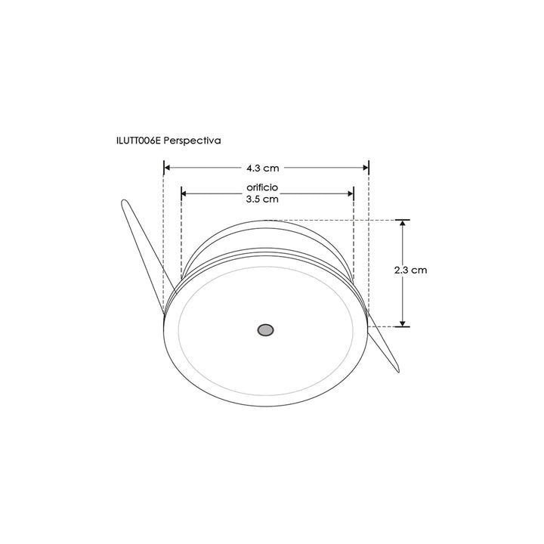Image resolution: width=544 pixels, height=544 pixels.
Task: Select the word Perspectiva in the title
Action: point(193,141)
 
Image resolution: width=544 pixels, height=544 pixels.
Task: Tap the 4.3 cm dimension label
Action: point(262,168)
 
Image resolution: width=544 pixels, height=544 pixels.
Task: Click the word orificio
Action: point(262,186)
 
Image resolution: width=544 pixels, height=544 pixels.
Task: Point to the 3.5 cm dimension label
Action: point(262,199)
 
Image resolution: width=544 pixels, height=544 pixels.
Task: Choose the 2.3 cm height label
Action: point(411,270)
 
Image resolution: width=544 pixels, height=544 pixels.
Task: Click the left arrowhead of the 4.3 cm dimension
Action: point(168,168)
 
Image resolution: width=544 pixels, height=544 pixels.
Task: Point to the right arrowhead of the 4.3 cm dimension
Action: point(365,168)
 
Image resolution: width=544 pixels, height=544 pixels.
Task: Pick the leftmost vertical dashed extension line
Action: point(164,242)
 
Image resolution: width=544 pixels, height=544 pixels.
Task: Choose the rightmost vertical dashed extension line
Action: point(369,242)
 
